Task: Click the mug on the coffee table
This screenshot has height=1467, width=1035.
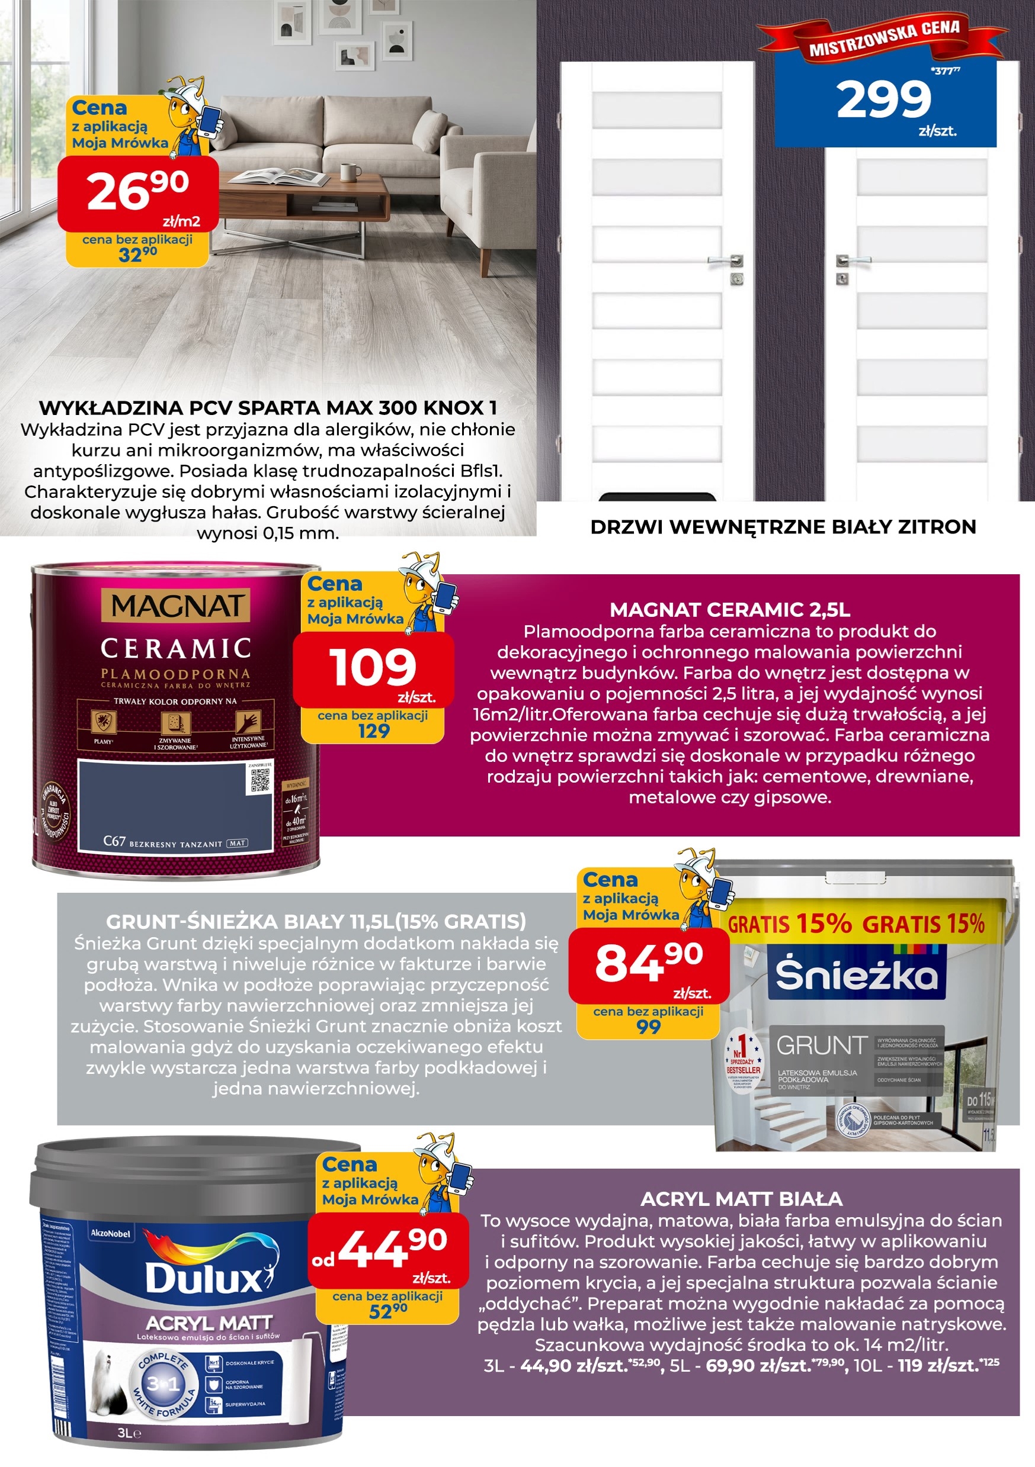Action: pyautogui.click(x=347, y=172)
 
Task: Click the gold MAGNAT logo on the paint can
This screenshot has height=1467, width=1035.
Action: pyautogui.click(x=175, y=605)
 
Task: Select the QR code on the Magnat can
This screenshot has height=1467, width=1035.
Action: pyautogui.click(x=260, y=780)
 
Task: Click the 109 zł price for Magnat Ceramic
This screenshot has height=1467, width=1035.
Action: pyautogui.click(x=373, y=668)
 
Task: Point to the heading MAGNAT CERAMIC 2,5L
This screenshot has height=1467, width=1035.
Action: pyautogui.click(x=729, y=610)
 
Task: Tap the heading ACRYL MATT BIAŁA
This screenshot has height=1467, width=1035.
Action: pyautogui.click(x=741, y=1199)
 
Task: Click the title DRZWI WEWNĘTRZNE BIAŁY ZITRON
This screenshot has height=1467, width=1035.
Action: pyautogui.click(x=783, y=527)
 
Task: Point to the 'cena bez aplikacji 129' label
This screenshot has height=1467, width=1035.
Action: pyautogui.click(x=373, y=724)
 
